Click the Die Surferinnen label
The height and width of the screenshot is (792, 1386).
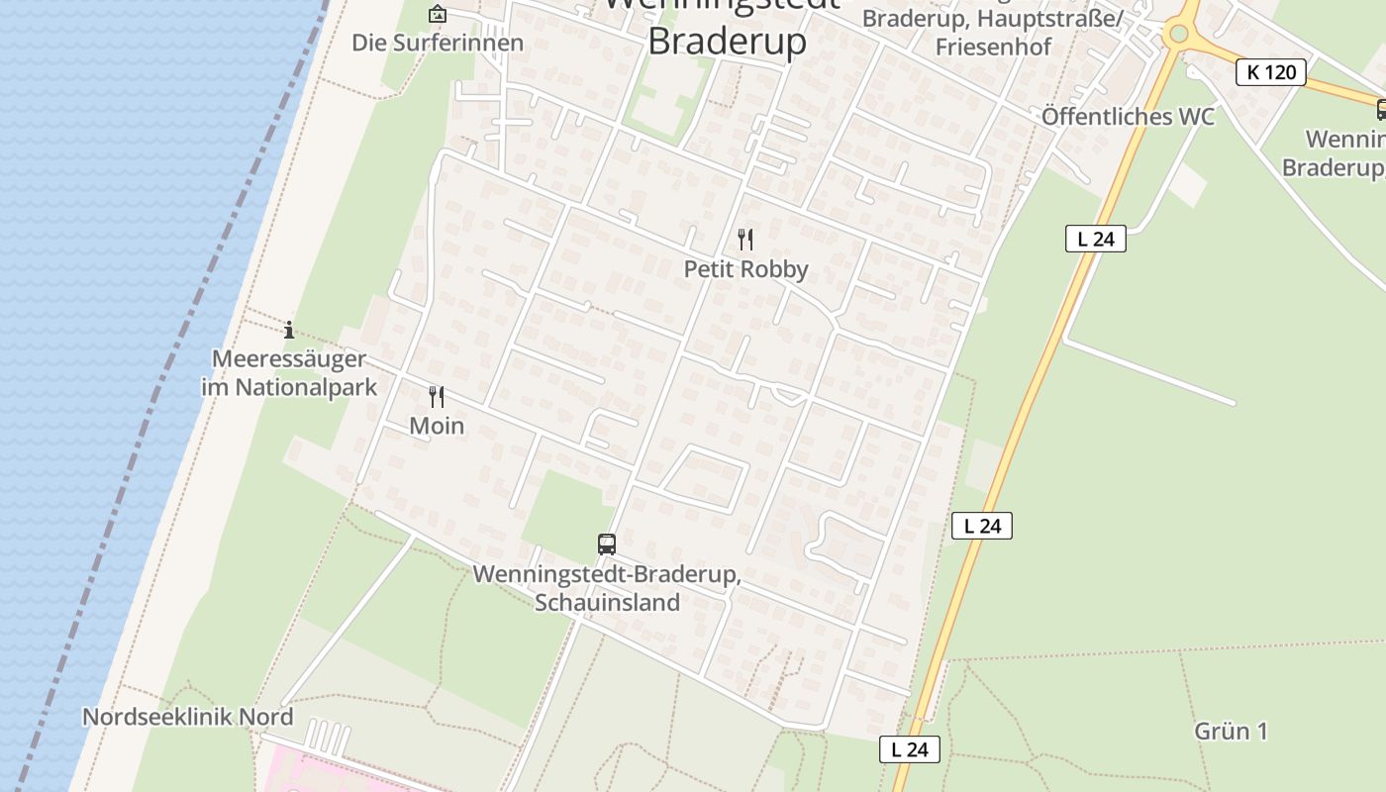[x=438, y=43]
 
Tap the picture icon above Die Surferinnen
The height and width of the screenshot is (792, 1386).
[x=437, y=14]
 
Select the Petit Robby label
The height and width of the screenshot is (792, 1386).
[x=746, y=268]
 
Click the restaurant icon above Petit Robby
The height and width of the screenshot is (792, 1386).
[x=745, y=239]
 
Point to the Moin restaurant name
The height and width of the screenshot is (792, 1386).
[x=437, y=426]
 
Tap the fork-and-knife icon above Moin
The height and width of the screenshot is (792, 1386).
[x=437, y=397]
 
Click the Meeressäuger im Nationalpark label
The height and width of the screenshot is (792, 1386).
[x=289, y=372]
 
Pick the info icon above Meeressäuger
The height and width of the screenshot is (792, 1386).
[x=289, y=330]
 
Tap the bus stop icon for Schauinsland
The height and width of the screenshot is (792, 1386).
[x=607, y=544]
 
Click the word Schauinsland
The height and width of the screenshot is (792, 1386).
[x=607, y=602]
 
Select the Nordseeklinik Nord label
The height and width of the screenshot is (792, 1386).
[x=187, y=717]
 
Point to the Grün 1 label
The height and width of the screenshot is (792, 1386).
[x=1231, y=731]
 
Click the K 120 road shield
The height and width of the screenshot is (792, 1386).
[x=1271, y=71]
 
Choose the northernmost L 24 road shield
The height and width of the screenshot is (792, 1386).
[x=1095, y=239]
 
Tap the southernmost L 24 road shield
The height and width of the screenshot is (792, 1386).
[x=909, y=749]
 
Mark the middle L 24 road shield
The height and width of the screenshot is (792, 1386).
[x=982, y=526]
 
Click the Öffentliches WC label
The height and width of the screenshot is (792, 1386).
[x=1128, y=116]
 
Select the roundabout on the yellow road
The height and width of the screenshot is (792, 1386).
[x=1178, y=34]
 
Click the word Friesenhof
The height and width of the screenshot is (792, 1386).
[x=993, y=47]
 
